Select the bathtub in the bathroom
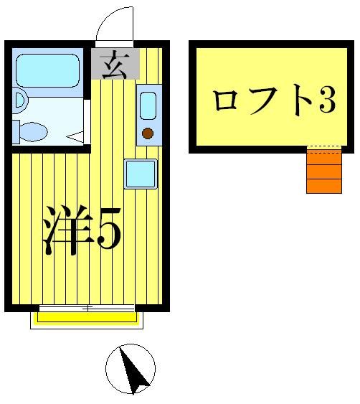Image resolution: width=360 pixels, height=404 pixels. point(47,70)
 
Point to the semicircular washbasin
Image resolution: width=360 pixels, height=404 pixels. point(20,100)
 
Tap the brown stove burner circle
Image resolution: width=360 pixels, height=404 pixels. point(148,133)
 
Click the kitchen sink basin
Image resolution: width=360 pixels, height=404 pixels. point(148,105)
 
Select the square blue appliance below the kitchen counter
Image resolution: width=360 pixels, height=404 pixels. point(140,174)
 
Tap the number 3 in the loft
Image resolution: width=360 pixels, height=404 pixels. point(326,101)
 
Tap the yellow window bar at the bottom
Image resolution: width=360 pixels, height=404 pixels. point(87,317)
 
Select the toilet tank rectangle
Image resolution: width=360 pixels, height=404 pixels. point(16,132)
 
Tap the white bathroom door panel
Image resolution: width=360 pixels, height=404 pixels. point(87,122)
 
